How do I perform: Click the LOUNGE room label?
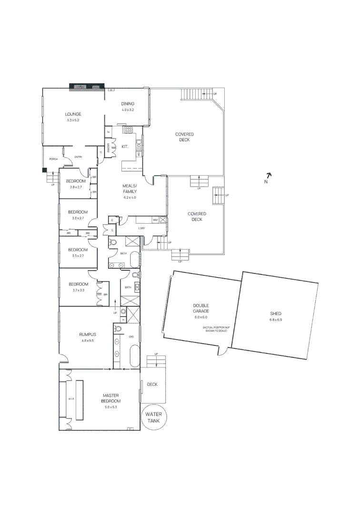tap(73, 114)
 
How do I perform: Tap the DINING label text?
tap(128, 104)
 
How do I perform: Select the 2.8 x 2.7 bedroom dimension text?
tap(76, 187)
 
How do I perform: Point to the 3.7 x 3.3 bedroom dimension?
tap(78, 290)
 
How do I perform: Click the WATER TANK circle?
tap(154, 417)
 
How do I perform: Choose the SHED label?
tap(276, 314)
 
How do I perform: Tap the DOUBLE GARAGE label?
tap(200, 308)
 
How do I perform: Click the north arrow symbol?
tap(268, 175)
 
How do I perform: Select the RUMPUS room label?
tap(88, 335)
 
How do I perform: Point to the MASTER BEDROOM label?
tap(110, 398)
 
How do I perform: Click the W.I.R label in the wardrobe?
tap(70, 399)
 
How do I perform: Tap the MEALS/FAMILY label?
tap(129, 188)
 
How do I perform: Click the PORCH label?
tap(53, 159)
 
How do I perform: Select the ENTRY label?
tap(78, 157)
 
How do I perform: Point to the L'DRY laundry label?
tap(141, 228)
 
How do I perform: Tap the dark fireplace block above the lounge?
tap(87, 87)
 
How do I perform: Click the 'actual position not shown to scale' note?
tap(216, 328)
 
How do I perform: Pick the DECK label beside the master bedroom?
tap(152, 384)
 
